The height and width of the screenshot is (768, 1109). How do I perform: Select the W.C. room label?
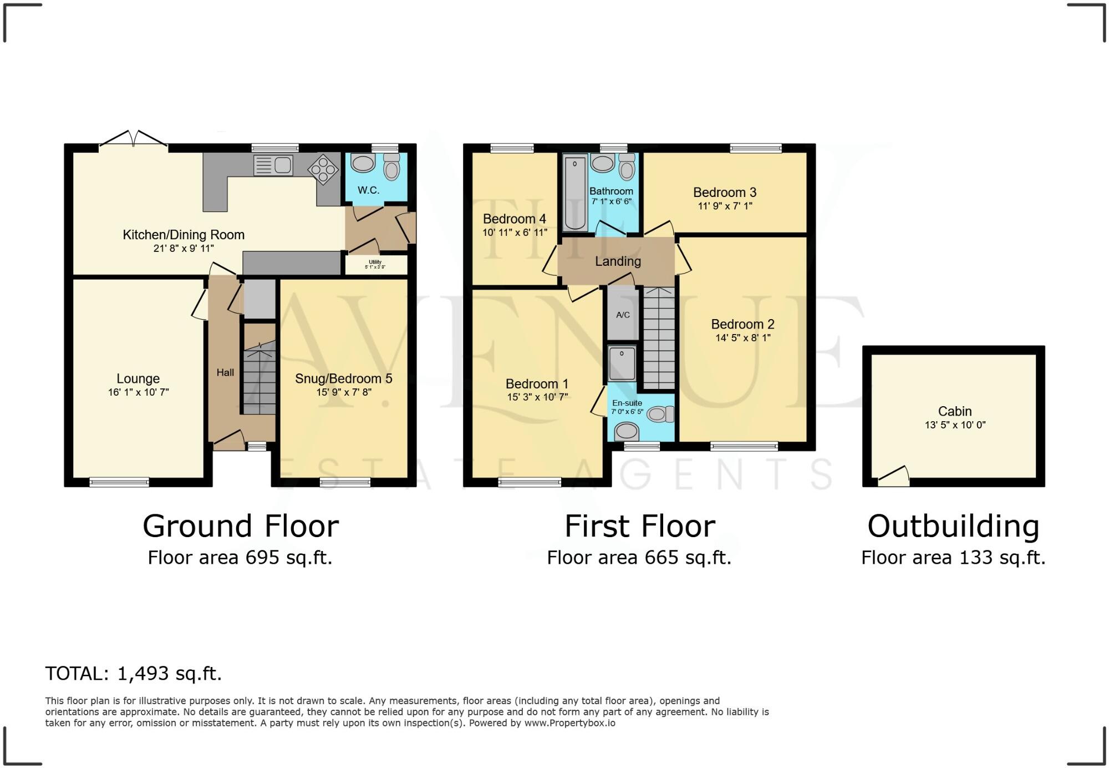click(368, 190)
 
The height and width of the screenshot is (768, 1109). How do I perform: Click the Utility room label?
click(375, 262)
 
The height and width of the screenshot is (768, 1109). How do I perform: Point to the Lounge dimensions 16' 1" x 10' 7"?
click(138, 392)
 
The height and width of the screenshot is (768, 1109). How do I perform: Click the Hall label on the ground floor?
click(225, 372)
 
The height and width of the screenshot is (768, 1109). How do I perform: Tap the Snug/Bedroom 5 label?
click(343, 378)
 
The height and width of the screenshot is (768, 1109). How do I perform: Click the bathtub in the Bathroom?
click(575, 193)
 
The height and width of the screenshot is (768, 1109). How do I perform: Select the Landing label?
click(618, 261)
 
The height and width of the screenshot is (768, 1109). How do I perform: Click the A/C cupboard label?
click(623, 315)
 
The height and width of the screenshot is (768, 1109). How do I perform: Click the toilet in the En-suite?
click(660, 414)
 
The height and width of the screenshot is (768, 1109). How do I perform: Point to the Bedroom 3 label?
click(724, 193)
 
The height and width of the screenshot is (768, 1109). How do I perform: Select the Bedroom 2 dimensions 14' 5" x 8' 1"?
click(742, 337)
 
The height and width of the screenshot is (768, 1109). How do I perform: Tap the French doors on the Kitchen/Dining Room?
click(133, 140)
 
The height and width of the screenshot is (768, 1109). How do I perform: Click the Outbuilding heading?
click(953, 526)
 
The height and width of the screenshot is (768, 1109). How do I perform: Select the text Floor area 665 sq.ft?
click(639, 558)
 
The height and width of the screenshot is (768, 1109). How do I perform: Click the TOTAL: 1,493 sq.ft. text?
click(133, 673)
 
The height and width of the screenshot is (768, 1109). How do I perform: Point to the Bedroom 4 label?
click(514, 219)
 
